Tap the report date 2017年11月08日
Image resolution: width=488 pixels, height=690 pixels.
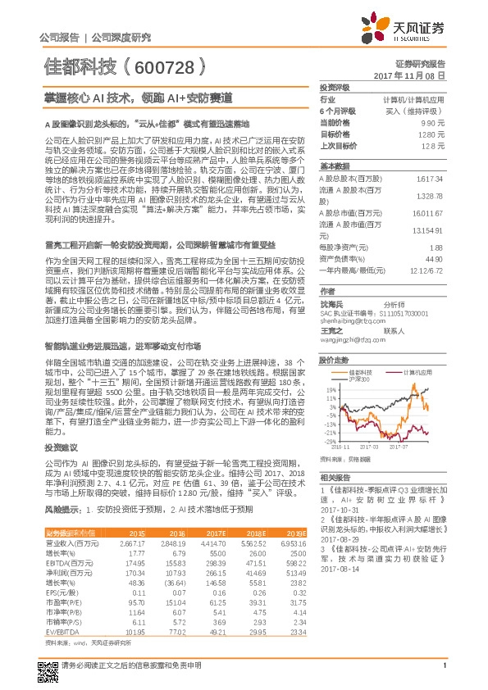[x=414, y=75]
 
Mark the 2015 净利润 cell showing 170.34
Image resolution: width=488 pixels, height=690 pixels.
[x=133, y=578]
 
